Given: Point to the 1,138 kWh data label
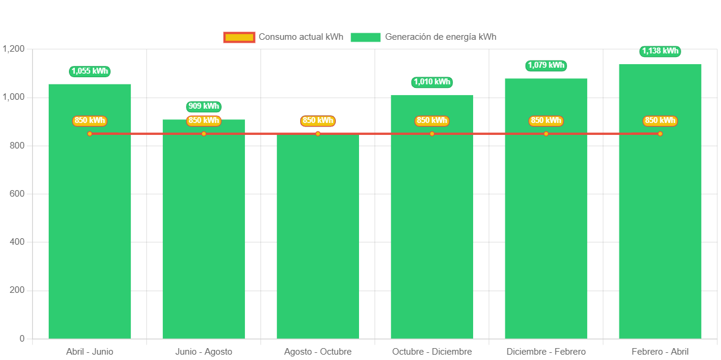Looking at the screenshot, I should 660,51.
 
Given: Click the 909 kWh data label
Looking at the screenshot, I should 204,106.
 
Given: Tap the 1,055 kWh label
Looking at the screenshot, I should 90,71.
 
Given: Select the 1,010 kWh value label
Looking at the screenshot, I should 432,82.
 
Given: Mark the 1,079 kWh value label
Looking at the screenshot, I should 546,65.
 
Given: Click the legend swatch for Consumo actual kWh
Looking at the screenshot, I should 239,37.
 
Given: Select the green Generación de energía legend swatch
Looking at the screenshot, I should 366,37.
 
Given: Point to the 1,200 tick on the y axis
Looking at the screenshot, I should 12,48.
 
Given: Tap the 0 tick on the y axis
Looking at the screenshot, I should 22,339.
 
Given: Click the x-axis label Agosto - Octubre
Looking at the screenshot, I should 318,352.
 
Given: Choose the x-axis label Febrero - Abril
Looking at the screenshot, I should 660,352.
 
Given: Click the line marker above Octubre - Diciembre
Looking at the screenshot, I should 432,134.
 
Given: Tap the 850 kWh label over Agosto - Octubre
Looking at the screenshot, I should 318,121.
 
